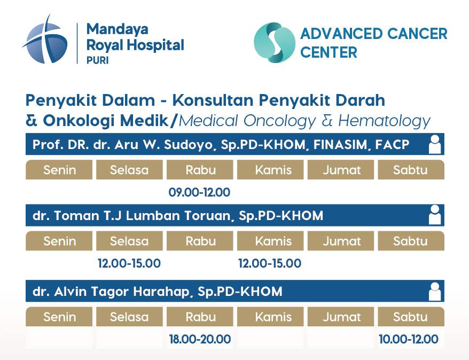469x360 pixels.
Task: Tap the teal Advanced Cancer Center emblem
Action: pos(275,42)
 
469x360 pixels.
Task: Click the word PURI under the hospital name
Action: pos(98,60)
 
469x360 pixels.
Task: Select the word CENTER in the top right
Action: pos(329,52)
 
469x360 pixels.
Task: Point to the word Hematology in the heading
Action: pos(384,121)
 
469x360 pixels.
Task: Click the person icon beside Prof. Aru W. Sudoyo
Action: pos(435,144)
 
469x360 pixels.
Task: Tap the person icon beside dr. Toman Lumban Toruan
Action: pos(435,215)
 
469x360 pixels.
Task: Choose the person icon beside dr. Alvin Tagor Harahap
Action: pos(435,291)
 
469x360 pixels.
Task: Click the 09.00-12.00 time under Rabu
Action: pos(199,192)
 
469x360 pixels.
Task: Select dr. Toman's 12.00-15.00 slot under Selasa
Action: pos(129,263)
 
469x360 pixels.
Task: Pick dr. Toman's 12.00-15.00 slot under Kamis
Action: pos(270,263)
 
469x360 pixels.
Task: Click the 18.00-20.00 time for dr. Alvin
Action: pos(200,339)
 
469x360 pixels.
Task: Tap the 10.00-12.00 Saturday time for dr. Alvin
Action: pos(409,339)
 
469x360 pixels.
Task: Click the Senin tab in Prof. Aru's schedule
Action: pos(59,170)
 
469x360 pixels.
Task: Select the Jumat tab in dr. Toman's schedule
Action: pos(341,241)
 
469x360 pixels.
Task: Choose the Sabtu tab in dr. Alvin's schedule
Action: pos(411,317)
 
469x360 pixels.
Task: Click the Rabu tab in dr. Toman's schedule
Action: pos(200,241)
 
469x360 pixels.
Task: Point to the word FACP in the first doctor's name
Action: pos(392,145)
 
